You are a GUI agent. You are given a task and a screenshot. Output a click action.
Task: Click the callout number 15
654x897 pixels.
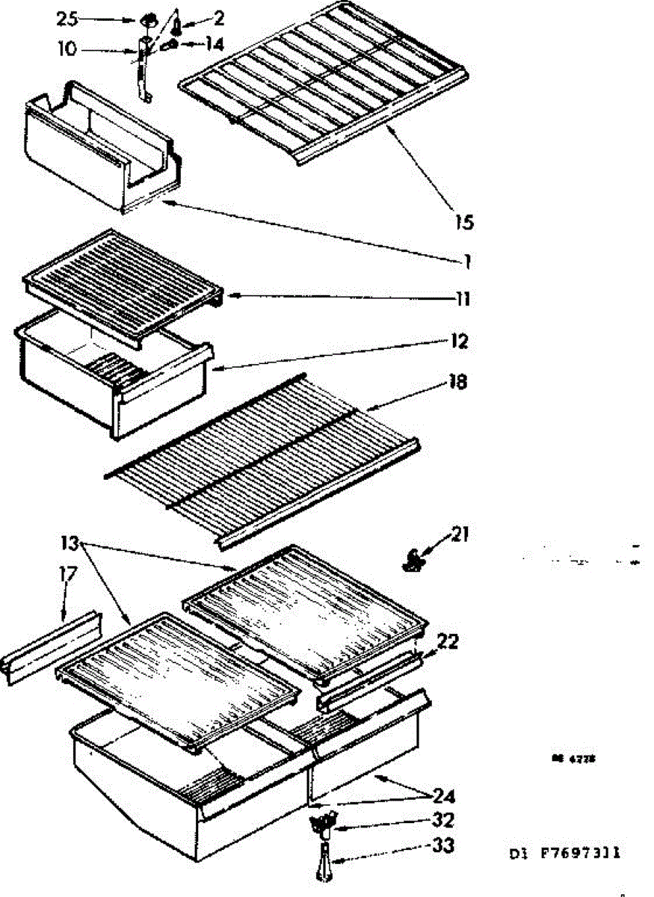(463, 223)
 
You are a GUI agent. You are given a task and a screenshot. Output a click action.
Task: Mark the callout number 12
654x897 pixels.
(460, 342)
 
